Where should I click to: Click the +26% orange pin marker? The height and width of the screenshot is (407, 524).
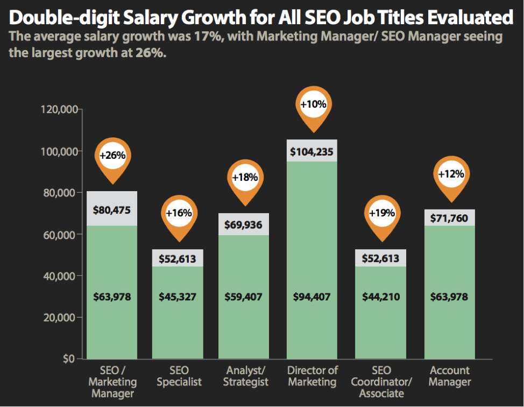(x=112, y=156)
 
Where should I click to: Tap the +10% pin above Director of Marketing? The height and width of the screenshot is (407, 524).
(x=314, y=104)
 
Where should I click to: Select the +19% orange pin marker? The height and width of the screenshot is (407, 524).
(x=382, y=213)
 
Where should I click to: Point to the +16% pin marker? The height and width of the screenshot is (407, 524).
(x=179, y=213)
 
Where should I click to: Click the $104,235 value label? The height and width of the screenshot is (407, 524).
(x=312, y=152)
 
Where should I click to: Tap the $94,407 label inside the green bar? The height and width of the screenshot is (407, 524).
(x=312, y=297)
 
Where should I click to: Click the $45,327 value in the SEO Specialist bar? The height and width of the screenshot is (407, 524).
(x=178, y=297)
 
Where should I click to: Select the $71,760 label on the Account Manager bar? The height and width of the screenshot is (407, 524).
(x=449, y=219)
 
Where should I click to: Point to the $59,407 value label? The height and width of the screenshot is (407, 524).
(x=243, y=297)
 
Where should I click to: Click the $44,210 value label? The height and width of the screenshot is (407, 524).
(x=380, y=297)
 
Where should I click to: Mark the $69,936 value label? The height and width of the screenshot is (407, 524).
(x=243, y=224)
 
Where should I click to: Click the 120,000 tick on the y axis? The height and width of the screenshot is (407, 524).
(x=60, y=110)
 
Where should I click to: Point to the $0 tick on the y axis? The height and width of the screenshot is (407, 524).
(x=69, y=359)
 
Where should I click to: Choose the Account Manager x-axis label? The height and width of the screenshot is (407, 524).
(x=450, y=376)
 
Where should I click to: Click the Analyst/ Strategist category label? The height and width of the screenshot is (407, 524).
(x=246, y=376)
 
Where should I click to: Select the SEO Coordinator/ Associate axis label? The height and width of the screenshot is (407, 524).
(x=381, y=382)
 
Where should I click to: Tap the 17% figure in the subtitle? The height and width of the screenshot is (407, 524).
(x=204, y=37)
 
